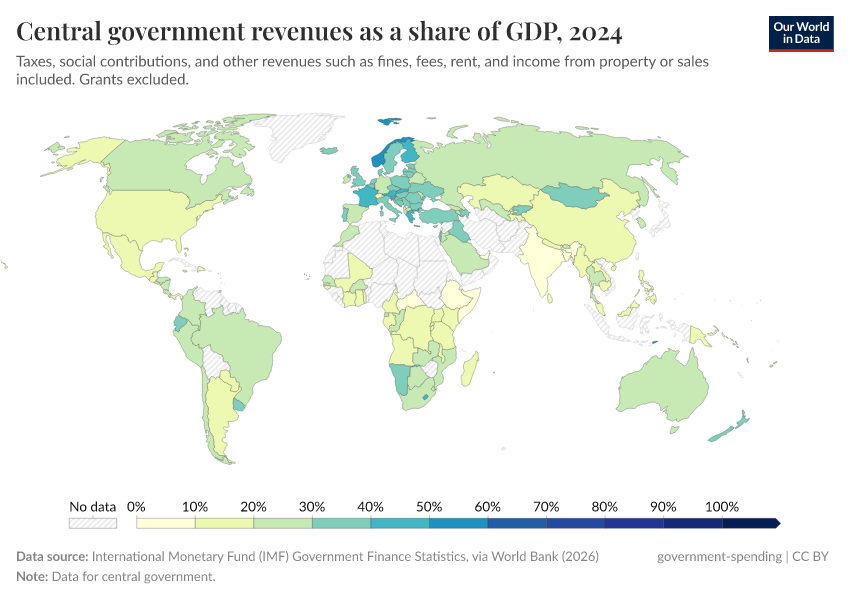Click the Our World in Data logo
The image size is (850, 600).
pos(801,33)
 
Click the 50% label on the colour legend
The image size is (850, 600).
pos(429,506)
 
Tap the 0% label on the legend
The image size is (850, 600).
pos(137,506)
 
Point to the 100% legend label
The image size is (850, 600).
pos(721,506)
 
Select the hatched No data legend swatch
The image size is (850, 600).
pos(93,523)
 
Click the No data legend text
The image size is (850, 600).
pos(93,506)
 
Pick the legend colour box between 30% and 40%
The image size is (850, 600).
pos(341,523)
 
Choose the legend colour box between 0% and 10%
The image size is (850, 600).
pos(166,523)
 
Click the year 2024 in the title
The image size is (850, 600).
pos(596,33)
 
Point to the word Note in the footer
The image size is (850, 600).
pos(33,577)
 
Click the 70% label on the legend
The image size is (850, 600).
pos(546,506)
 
